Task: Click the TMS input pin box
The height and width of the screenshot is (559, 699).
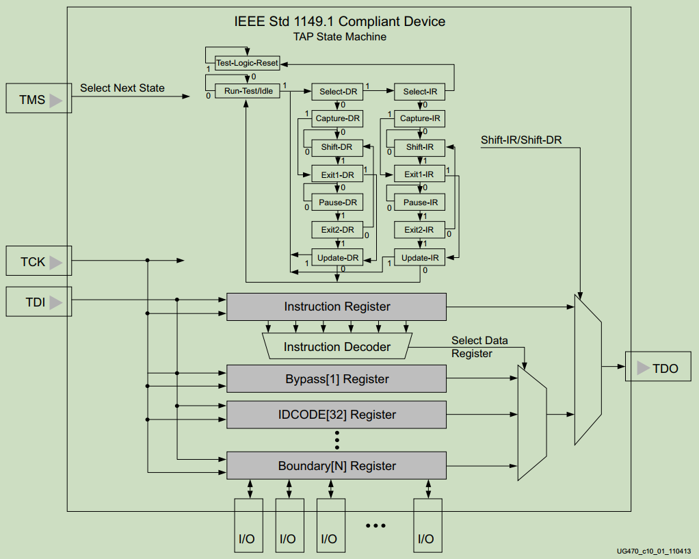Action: (x=38, y=100)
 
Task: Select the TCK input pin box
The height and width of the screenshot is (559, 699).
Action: (x=38, y=261)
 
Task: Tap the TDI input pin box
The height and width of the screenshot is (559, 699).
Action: (x=38, y=302)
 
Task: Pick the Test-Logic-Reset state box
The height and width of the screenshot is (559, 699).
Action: (x=247, y=63)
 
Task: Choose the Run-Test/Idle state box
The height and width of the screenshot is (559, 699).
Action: (x=248, y=91)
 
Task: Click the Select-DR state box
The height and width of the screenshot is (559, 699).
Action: (x=337, y=91)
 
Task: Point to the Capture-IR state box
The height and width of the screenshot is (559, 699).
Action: (x=419, y=118)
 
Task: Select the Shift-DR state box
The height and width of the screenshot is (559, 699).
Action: (x=337, y=147)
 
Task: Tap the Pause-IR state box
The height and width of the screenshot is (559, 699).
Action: (x=419, y=203)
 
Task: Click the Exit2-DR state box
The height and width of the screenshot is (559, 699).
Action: (x=337, y=230)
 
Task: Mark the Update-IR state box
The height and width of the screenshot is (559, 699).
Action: (x=419, y=258)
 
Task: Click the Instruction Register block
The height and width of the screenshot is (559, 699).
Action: (x=337, y=307)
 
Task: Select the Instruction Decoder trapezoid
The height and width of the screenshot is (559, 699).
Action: (x=337, y=347)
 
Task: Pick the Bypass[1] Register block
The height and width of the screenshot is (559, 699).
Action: (x=337, y=379)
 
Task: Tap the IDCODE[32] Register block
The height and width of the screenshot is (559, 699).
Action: (x=337, y=415)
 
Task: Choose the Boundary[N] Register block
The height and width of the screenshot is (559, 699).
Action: (x=337, y=466)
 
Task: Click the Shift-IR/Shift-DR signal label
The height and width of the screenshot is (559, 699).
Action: (x=521, y=140)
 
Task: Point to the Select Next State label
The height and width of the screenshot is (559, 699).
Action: (x=122, y=88)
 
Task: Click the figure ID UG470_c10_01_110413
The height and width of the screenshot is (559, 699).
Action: (x=653, y=551)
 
